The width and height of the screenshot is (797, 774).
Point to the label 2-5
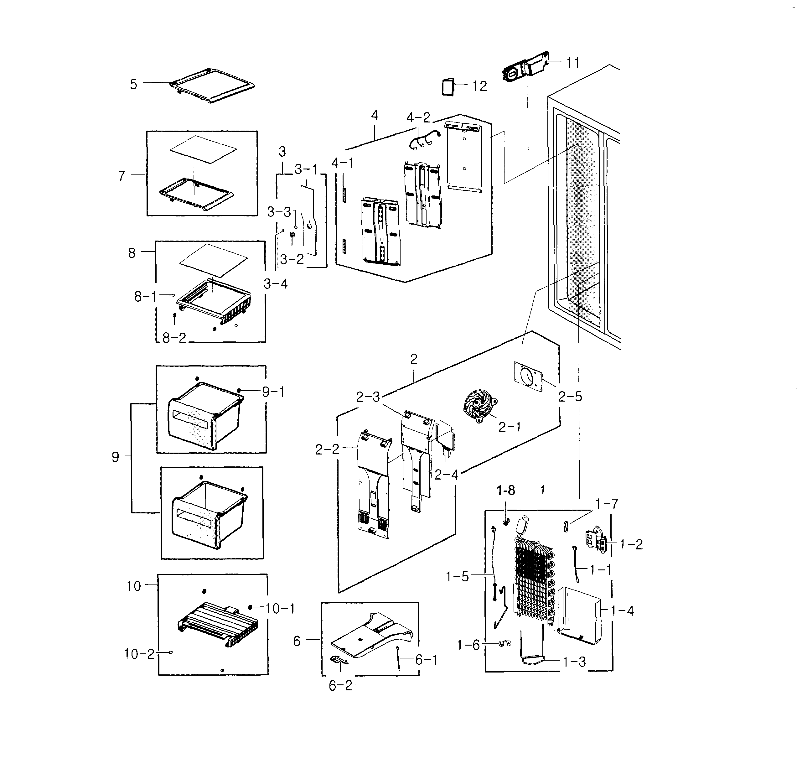coord(570,397)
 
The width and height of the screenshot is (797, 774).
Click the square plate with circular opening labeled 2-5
coord(528,377)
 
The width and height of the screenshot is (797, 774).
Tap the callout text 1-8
coord(505,491)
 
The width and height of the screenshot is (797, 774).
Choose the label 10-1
coord(280,609)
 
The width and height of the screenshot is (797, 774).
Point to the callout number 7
coord(122,176)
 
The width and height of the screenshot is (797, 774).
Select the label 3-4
coord(275,284)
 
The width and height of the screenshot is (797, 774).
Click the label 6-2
coord(340,686)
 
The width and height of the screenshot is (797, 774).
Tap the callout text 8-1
coord(145,297)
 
